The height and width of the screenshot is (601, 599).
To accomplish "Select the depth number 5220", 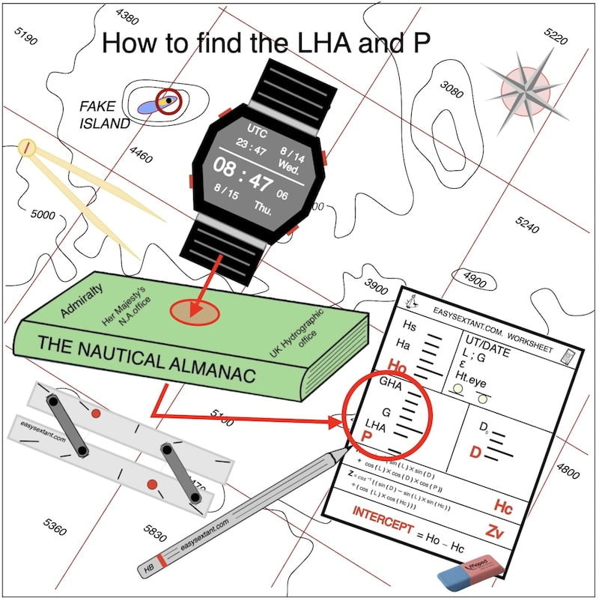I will click(556, 35).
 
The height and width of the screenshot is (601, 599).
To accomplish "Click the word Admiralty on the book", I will click(82, 299).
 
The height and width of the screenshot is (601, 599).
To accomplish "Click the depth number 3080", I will click(452, 88).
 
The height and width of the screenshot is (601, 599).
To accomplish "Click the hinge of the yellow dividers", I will click(28, 147).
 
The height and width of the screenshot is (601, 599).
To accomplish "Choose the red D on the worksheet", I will click(475, 453).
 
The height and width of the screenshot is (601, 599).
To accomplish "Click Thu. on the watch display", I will click(264, 207).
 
